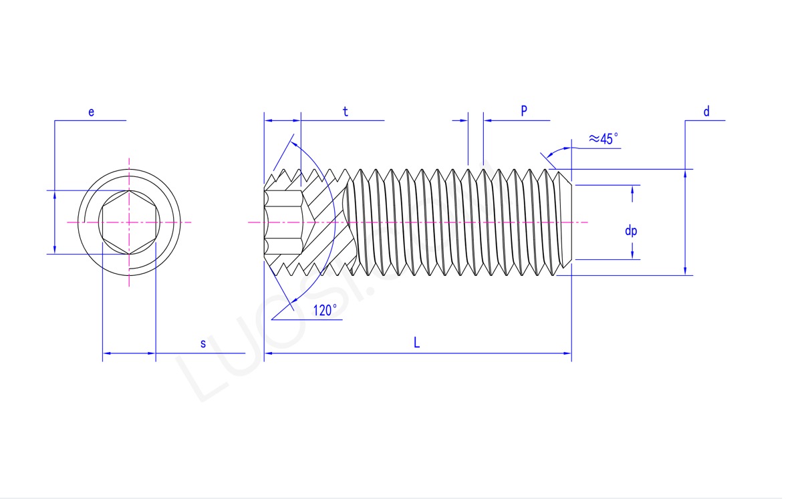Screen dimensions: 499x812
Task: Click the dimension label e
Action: [x=91, y=112]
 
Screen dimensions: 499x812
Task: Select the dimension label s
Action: [x=203, y=343]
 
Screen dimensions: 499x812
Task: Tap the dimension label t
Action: [x=346, y=112]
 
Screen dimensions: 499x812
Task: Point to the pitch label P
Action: [x=524, y=111]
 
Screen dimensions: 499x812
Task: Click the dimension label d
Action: [x=706, y=112]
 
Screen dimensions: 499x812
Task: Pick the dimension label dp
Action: [x=631, y=230]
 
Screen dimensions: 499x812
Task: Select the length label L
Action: [x=416, y=343]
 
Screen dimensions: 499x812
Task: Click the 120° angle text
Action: [x=325, y=310]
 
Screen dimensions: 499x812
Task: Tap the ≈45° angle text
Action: [x=603, y=139]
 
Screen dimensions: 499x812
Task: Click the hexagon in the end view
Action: [x=129, y=222]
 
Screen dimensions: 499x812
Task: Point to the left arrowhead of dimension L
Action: [x=269, y=353]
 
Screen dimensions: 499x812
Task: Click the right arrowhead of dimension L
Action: [x=567, y=353]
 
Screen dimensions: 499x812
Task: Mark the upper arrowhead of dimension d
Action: [x=686, y=174]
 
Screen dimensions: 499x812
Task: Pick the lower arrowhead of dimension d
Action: [x=686, y=270]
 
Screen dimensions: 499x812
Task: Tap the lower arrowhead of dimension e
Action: [x=55, y=249]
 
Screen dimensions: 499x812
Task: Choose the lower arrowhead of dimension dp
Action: [x=632, y=255]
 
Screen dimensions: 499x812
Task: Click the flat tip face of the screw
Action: [x=571, y=222]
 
